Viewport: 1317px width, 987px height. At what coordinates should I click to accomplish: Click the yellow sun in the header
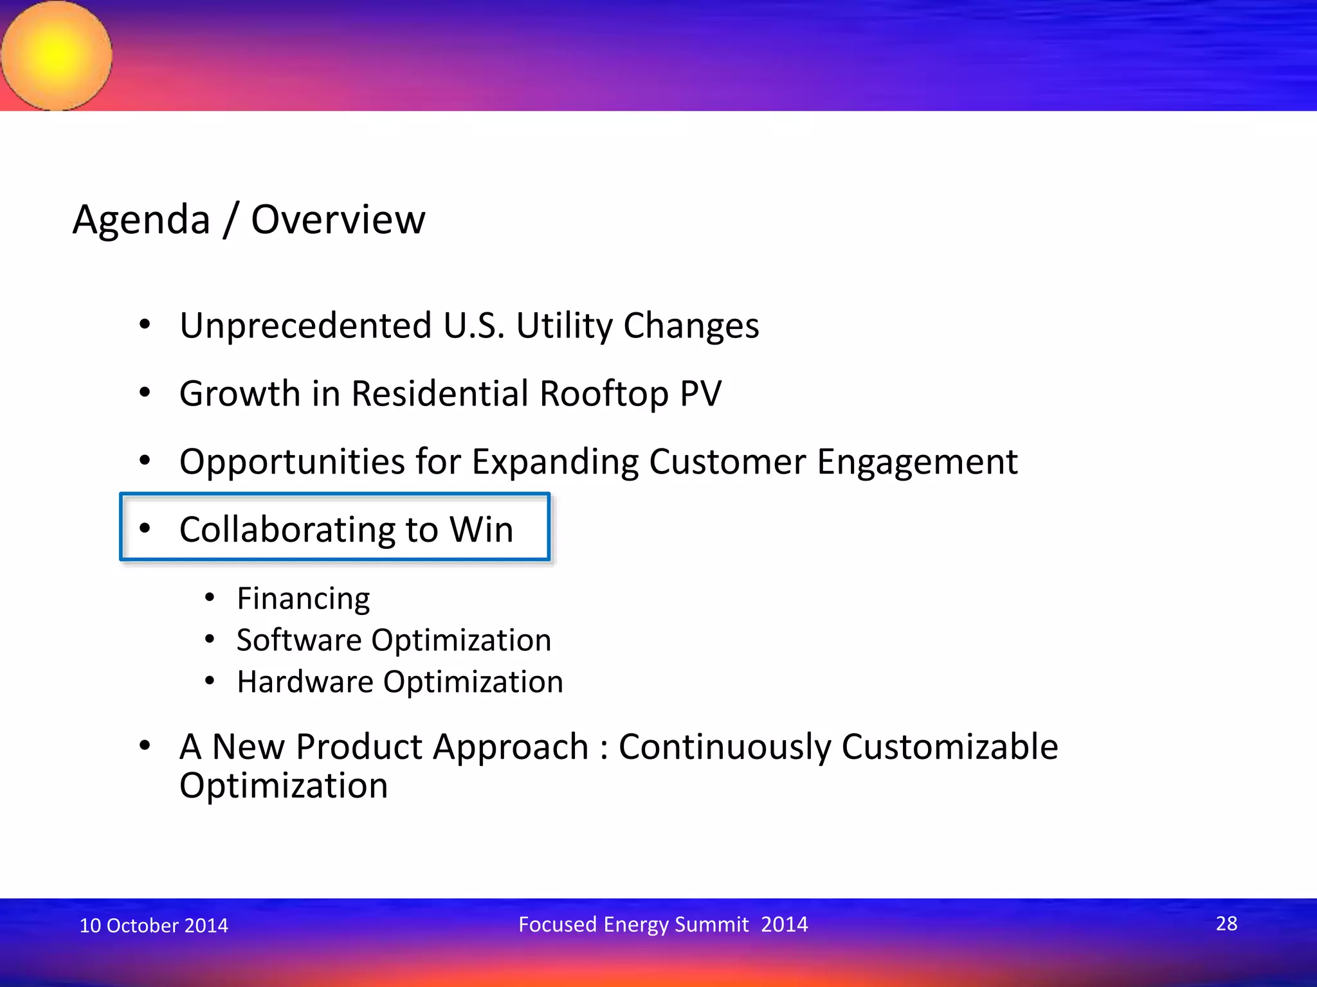pyautogui.click(x=57, y=55)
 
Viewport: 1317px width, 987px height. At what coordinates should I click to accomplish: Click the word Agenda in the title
pyautogui.click(x=141, y=220)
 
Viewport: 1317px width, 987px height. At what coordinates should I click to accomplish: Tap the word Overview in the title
pyautogui.click(x=338, y=220)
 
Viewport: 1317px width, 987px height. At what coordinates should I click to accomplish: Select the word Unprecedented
pyautogui.click(x=305, y=326)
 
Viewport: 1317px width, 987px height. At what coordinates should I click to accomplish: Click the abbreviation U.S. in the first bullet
pyautogui.click(x=474, y=326)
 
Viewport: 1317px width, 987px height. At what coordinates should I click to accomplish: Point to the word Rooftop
pyautogui.click(x=604, y=394)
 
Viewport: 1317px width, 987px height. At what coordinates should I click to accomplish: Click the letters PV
pyautogui.click(x=700, y=394)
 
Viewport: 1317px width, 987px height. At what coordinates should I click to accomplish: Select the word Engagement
pyautogui.click(x=917, y=462)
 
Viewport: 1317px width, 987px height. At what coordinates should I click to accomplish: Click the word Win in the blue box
pyautogui.click(x=481, y=530)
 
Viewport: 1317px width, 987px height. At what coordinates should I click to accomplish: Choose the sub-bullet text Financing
pyautogui.click(x=304, y=599)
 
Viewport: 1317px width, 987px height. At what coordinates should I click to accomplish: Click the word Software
pyautogui.click(x=299, y=641)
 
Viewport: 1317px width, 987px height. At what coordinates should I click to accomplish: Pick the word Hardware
pyautogui.click(x=305, y=682)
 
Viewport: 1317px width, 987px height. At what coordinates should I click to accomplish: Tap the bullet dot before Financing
pyautogui.click(x=210, y=598)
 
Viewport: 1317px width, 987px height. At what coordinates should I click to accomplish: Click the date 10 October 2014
pyautogui.click(x=154, y=925)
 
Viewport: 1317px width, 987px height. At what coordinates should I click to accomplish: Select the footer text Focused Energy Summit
pyautogui.click(x=633, y=925)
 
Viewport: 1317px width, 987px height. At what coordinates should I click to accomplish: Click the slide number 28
pyautogui.click(x=1226, y=923)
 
